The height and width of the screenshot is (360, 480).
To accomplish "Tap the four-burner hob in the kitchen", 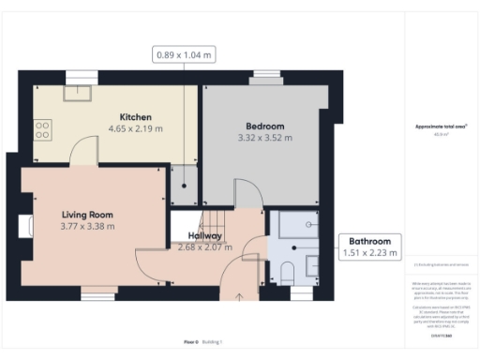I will [42, 130].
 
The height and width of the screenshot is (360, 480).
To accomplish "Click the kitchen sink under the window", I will [76, 93].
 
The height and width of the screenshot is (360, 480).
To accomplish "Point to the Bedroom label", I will [265, 126].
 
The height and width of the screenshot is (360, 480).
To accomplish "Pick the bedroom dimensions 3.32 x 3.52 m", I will [265, 137].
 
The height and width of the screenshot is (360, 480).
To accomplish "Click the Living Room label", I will [87, 214].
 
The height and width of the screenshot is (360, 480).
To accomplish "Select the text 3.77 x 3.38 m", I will [87, 225].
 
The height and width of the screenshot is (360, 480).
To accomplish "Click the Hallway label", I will [204, 235].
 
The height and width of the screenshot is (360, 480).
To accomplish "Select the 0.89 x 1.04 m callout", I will [185, 55].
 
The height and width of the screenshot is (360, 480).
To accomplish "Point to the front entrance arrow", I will [238, 297].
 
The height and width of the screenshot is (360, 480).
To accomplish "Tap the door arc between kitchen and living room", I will [85, 148].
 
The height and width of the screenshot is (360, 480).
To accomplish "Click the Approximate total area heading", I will [441, 126].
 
